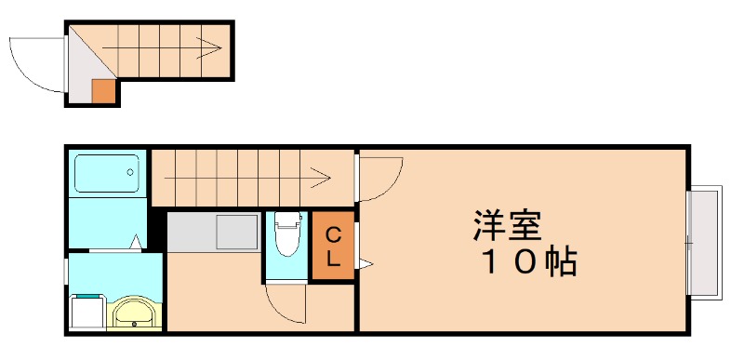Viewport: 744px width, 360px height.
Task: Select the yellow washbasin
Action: [x=136, y=313]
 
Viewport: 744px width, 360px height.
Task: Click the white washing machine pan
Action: [x=87, y=312]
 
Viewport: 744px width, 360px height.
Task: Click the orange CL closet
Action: [x=332, y=247]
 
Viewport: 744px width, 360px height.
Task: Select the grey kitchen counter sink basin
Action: [x=236, y=230]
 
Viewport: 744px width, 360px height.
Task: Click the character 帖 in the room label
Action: [x=561, y=263]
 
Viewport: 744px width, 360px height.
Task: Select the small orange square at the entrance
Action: [x=103, y=91]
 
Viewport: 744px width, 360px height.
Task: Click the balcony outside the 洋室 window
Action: [x=706, y=243]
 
